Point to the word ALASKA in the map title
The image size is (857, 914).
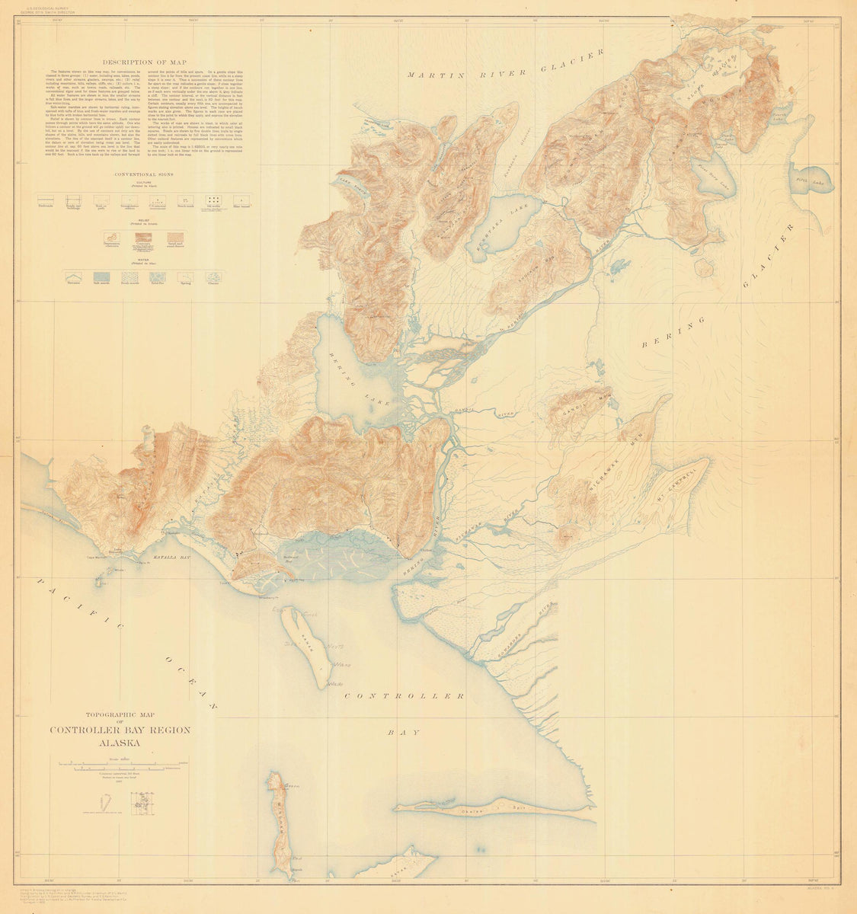click(x=120, y=743)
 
